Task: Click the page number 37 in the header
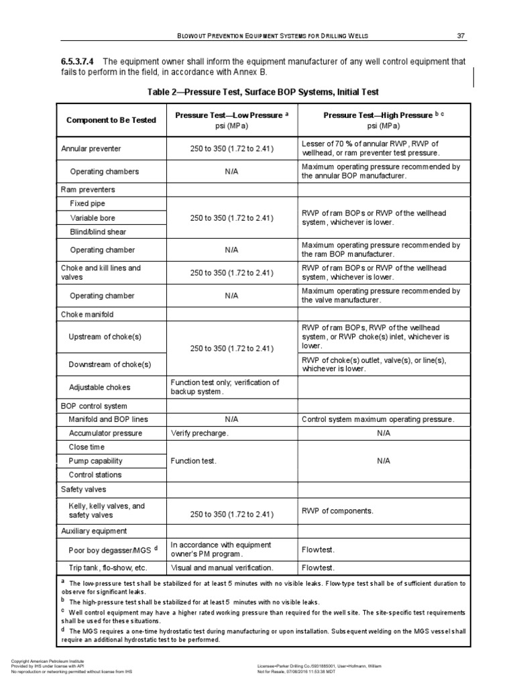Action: [x=460, y=35]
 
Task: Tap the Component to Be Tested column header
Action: [x=111, y=120]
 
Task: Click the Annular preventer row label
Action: [x=91, y=148]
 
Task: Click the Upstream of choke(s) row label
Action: [x=105, y=336]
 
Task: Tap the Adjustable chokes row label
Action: [x=100, y=387]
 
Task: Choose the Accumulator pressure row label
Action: [x=105, y=433]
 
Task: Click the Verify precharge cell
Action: [x=199, y=433]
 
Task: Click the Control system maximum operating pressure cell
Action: [x=378, y=419]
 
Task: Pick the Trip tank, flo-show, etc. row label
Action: [x=107, y=568]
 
